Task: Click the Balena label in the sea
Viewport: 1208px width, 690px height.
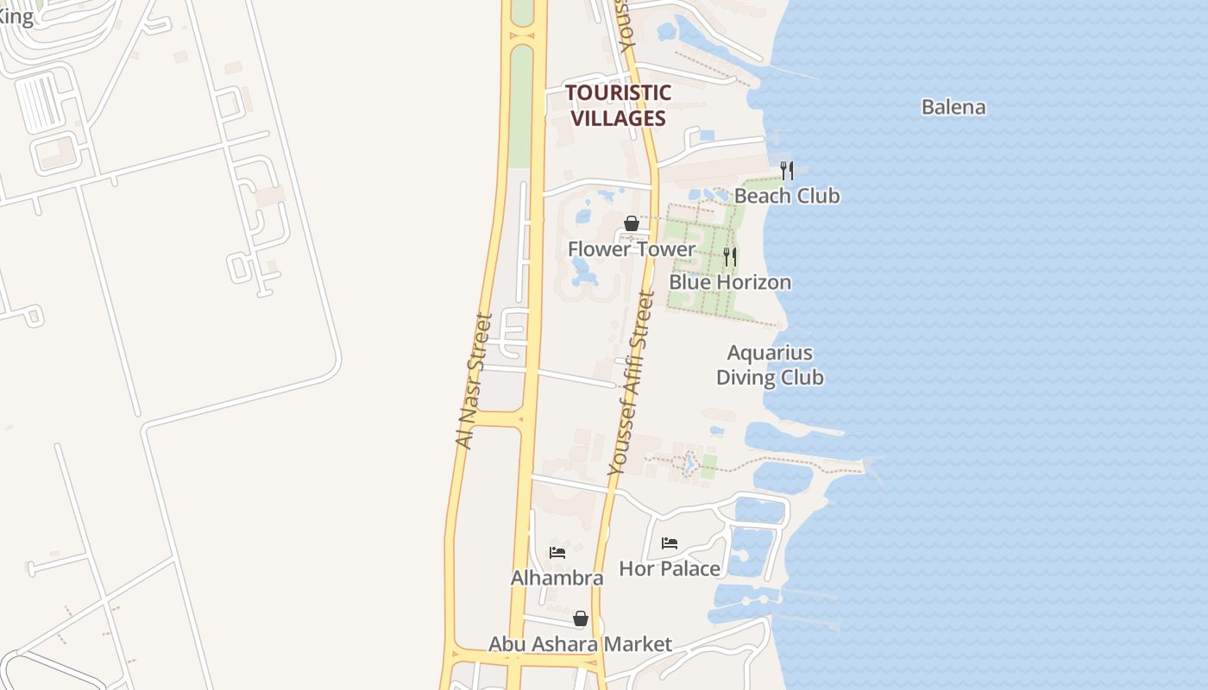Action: point(953,108)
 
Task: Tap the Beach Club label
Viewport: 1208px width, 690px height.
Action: point(786,196)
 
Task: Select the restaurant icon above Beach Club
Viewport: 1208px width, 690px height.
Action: point(786,170)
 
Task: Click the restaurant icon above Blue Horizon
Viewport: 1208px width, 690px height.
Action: point(729,257)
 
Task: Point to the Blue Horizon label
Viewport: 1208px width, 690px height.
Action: point(730,282)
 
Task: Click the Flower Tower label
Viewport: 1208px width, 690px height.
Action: point(631,249)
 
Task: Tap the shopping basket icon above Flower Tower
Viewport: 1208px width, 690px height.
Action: point(631,223)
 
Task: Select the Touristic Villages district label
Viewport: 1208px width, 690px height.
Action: point(618,105)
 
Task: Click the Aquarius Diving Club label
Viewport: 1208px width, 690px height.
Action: point(770,365)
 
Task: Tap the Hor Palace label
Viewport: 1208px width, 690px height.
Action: point(670,568)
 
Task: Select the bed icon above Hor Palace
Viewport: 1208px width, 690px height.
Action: point(670,543)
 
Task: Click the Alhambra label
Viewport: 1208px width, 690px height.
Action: point(557,578)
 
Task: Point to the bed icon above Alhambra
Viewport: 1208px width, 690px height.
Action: point(557,552)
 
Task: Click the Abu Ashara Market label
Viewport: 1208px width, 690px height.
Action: point(580,644)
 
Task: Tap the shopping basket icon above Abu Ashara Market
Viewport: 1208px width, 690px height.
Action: point(581,618)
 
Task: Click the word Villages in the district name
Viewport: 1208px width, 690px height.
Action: point(619,118)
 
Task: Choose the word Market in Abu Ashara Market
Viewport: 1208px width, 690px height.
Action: point(639,644)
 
